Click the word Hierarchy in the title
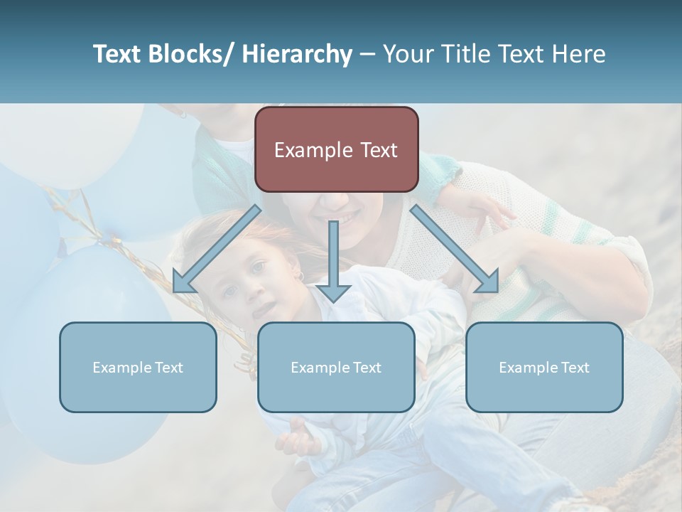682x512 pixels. coord(297,55)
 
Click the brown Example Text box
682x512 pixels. coord(336,149)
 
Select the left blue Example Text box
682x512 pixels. coord(138,367)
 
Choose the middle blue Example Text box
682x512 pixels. coord(336,367)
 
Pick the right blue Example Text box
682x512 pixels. coord(544,367)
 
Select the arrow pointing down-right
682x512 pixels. coord(455,249)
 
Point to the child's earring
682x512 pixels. coord(301,276)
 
